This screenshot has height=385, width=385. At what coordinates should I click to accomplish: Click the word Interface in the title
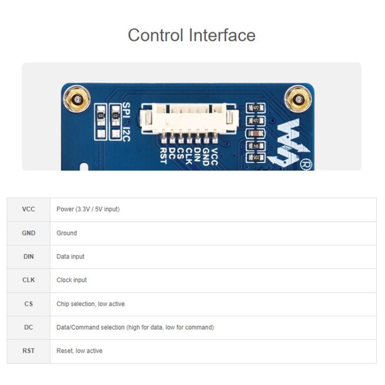(x=222, y=35)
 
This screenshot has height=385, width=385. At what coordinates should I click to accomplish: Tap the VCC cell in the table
(x=29, y=209)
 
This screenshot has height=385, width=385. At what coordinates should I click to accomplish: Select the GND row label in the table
(x=29, y=233)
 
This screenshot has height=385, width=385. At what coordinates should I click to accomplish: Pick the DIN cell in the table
(x=29, y=256)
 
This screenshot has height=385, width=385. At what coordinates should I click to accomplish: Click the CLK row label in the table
(x=29, y=280)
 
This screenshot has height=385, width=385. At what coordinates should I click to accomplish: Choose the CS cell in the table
(x=29, y=304)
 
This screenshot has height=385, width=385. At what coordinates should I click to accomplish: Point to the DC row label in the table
(x=29, y=327)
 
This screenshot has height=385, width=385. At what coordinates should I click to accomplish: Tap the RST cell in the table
(x=29, y=351)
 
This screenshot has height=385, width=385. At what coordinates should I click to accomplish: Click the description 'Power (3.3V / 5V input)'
(x=88, y=209)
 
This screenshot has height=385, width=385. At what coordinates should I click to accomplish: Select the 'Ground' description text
(x=67, y=233)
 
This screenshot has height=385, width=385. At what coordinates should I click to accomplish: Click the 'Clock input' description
(x=71, y=280)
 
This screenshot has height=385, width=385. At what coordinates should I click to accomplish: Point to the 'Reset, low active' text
(x=79, y=351)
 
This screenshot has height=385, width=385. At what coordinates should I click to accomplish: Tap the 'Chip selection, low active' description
(x=90, y=304)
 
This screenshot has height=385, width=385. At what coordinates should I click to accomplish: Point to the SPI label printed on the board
(x=127, y=110)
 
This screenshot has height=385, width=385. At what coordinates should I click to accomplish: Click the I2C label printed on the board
(x=127, y=134)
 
